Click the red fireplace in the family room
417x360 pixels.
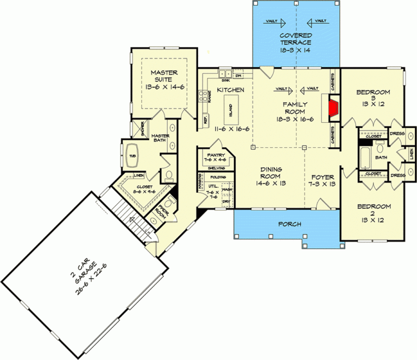click(x=332, y=109)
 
